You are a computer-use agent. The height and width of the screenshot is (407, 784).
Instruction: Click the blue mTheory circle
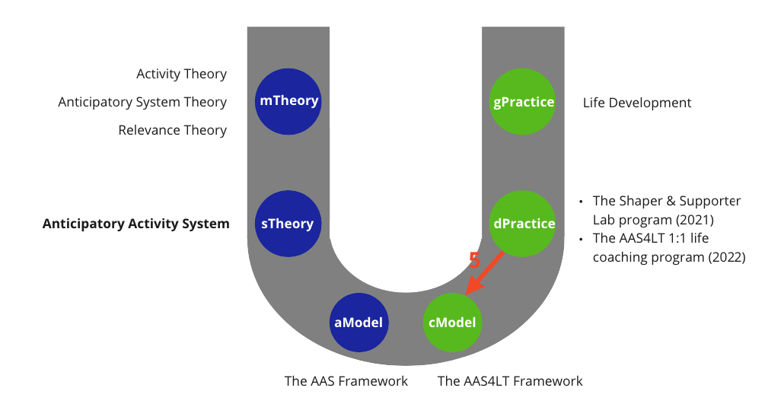pos(288,101)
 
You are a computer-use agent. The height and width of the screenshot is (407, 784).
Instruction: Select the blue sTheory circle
pos(288,224)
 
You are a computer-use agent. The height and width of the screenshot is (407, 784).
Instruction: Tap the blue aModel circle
pos(359,323)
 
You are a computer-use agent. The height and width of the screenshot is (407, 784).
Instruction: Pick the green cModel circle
pos(452,323)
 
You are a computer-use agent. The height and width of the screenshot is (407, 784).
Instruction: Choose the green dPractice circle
pos(522,224)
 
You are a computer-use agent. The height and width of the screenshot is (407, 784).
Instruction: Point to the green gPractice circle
pos(522,101)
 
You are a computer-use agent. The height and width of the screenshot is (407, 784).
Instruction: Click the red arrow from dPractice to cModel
pos(484,274)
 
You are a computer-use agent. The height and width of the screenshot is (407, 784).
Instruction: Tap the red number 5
pos(474,260)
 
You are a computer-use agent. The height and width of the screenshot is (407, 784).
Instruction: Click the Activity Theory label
pos(181,74)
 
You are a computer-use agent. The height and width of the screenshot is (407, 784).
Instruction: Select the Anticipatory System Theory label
pos(142,102)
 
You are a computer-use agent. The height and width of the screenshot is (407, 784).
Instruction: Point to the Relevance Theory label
pos(173,130)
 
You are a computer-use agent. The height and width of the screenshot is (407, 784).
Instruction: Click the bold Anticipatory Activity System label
pos(136,224)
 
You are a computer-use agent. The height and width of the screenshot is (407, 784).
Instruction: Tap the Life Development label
pos(637,103)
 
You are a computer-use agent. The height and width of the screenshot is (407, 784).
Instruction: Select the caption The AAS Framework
pos(346,381)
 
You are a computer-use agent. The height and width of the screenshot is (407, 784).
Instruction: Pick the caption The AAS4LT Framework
pos(510,381)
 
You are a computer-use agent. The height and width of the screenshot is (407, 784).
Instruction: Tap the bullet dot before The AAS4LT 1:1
pos(581,240)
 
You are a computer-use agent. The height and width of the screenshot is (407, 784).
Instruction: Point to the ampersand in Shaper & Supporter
pos(670,201)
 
